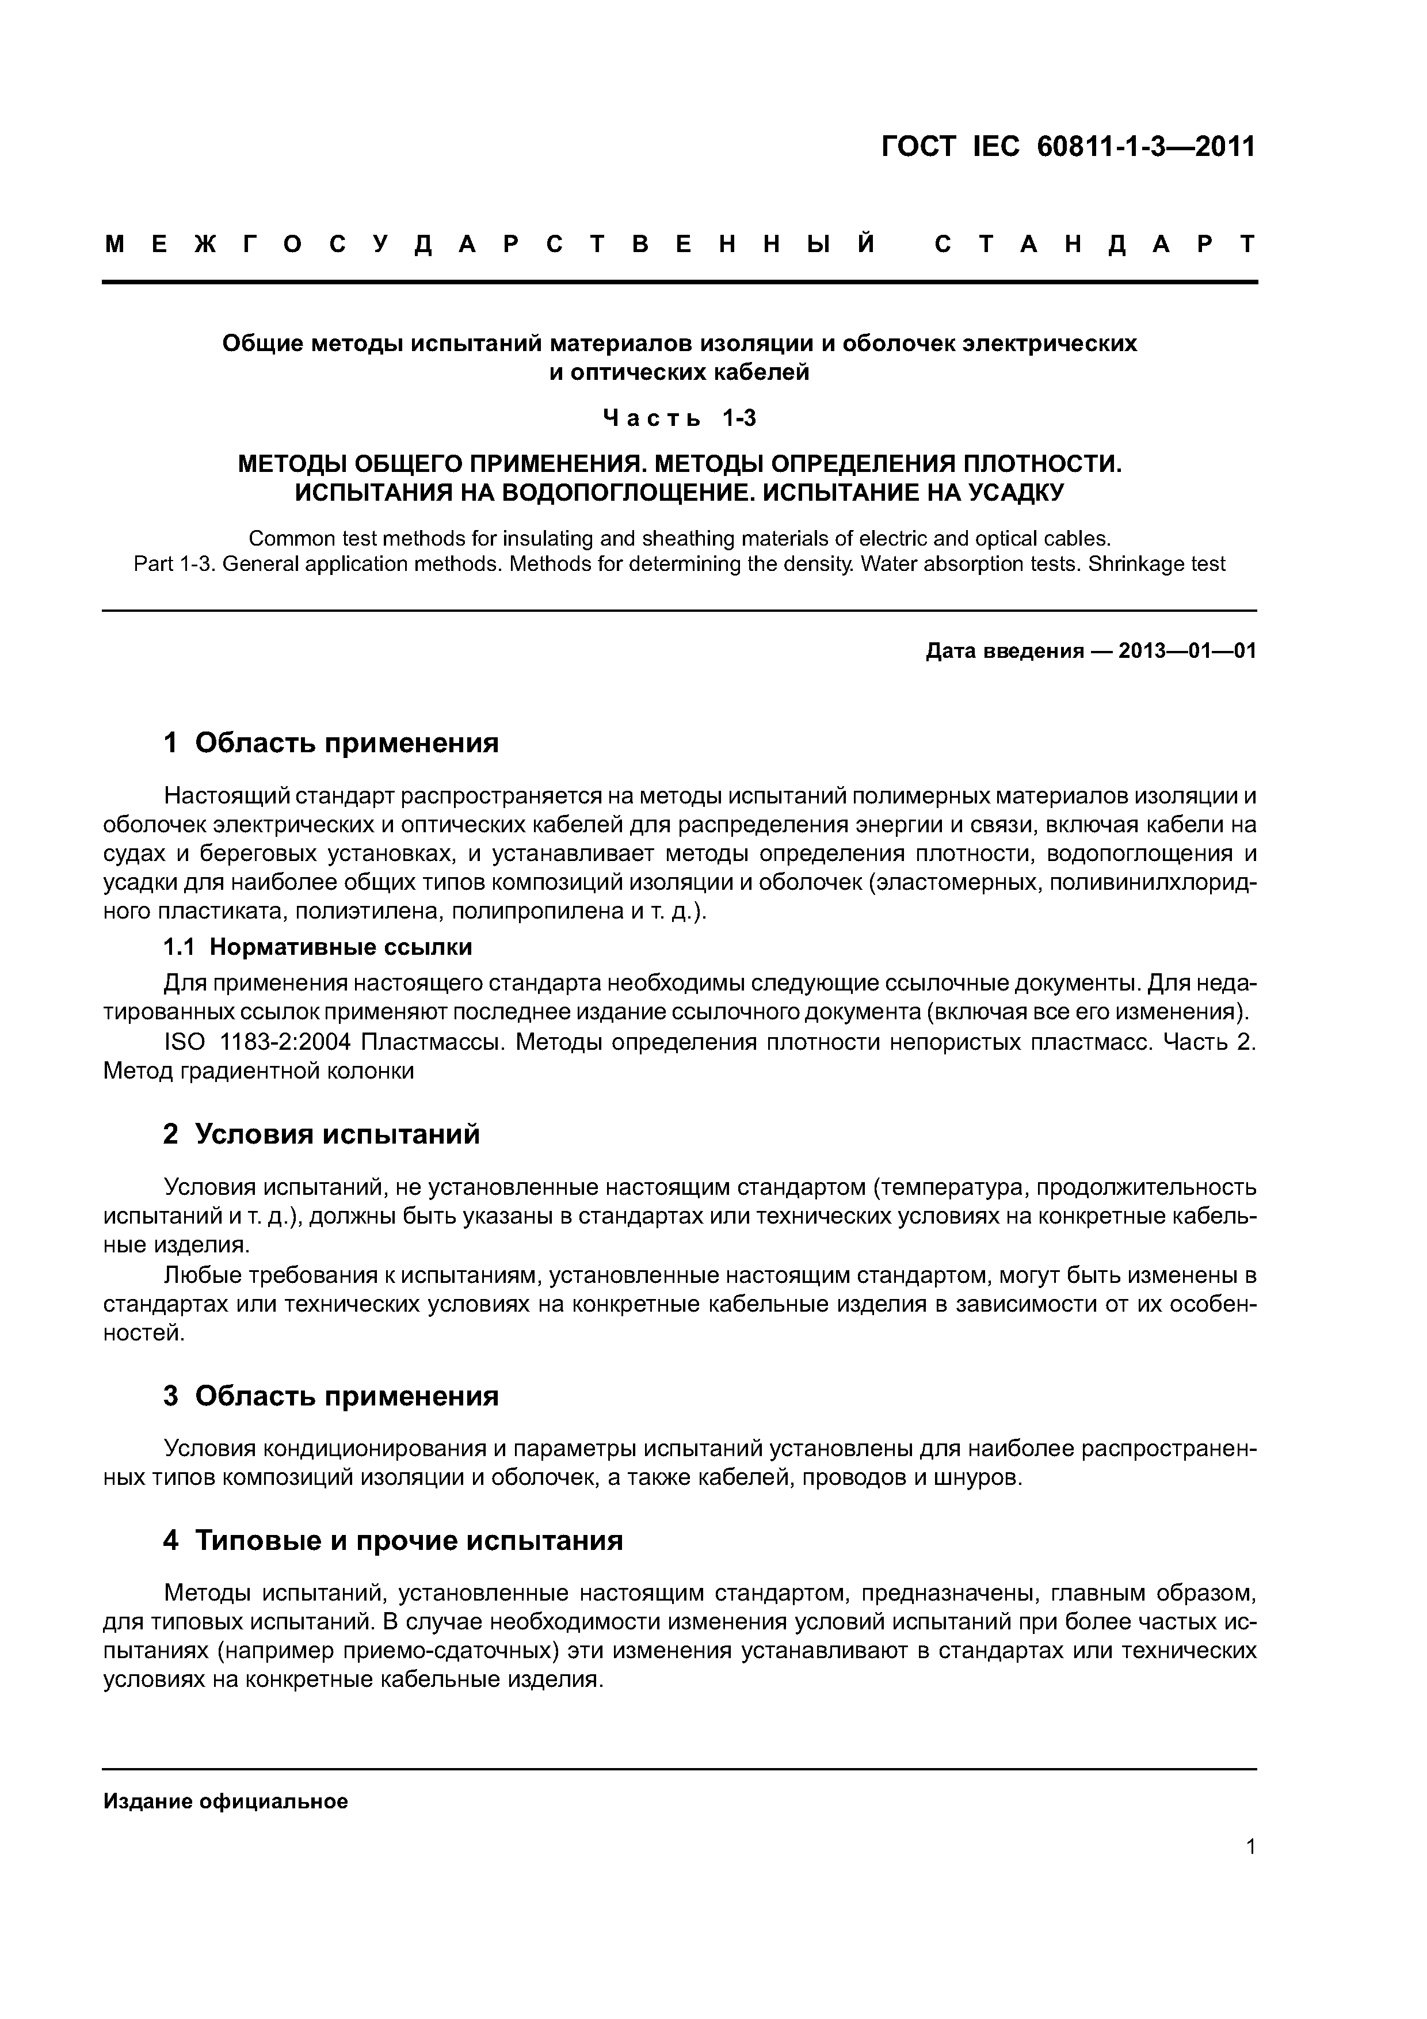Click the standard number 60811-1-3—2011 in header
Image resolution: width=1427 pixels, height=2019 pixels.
(x=1146, y=147)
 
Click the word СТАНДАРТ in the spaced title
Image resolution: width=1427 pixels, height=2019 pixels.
(x=1096, y=245)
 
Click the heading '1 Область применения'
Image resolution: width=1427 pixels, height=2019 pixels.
(x=331, y=743)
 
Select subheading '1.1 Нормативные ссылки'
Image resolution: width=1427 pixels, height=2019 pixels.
(x=318, y=947)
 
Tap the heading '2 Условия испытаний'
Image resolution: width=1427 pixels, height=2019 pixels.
(x=322, y=1134)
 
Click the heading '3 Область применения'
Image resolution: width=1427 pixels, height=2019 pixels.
(x=331, y=1396)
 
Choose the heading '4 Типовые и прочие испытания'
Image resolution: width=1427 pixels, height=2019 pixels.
(x=393, y=1541)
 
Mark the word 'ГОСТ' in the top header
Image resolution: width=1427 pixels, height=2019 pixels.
(x=917, y=147)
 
